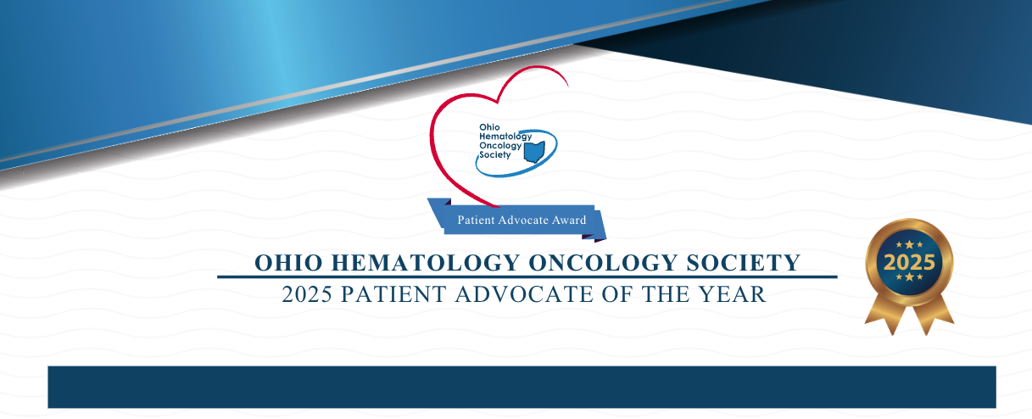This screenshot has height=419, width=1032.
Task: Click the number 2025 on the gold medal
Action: [908, 261]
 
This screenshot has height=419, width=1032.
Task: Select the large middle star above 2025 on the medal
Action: [908, 243]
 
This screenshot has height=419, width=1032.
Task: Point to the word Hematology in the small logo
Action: [501, 136]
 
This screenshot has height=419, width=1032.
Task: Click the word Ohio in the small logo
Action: [489, 127]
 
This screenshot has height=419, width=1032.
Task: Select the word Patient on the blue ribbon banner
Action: [476, 221]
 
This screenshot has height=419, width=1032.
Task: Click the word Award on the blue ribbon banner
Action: [567, 221]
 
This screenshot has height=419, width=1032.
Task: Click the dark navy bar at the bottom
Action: [522, 387]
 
